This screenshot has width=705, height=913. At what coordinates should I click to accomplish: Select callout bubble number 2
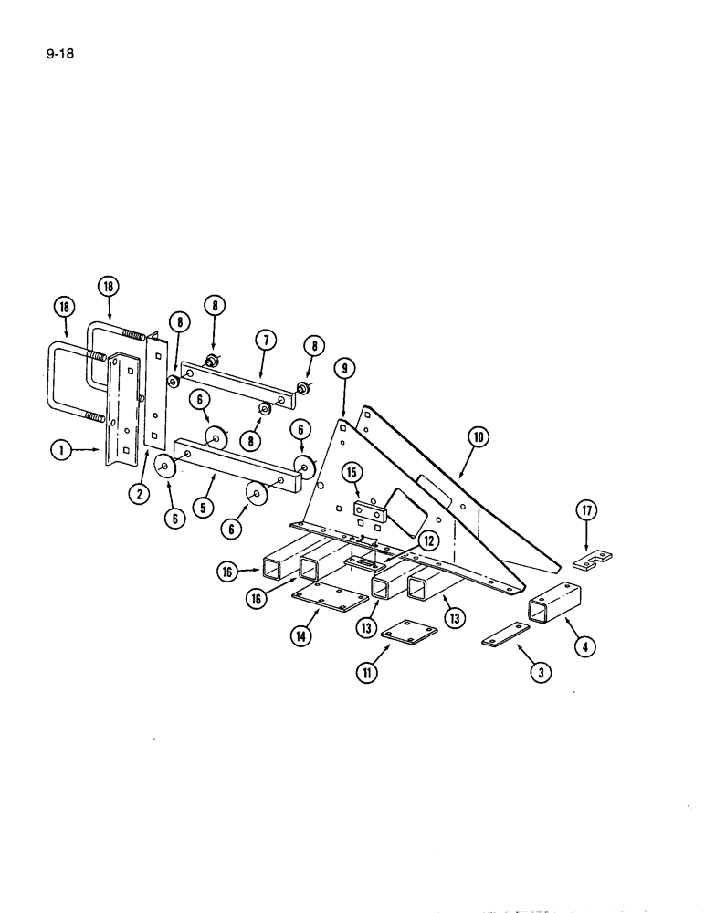point(140,495)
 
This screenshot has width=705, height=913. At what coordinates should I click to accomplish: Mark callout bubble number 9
point(343,371)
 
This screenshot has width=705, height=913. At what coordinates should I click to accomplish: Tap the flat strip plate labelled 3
point(506,635)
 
